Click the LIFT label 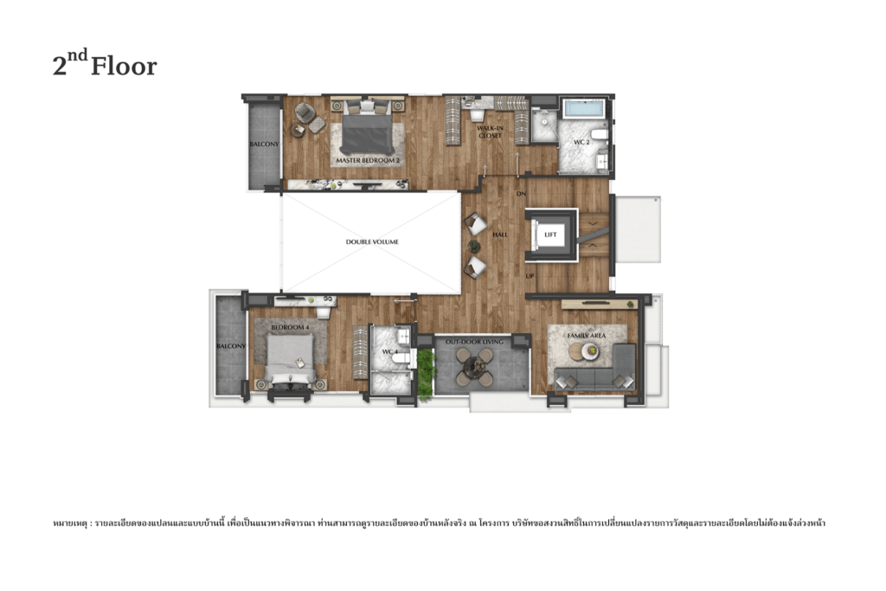click(x=551, y=234)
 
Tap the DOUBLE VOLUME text click(x=372, y=241)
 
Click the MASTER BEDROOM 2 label click(x=368, y=161)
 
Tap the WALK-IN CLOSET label click(x=490, y=132)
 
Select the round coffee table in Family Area click(x=590, y=351)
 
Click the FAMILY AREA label click(x=586, y=335)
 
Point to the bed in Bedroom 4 click(x=289, y=359)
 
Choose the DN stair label click(x=521, y=193)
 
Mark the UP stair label click(x=530, y=276)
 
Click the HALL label click(x=500, y=234)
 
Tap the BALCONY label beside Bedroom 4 click(x=231, y=346)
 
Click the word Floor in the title click(x=124, y=67)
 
